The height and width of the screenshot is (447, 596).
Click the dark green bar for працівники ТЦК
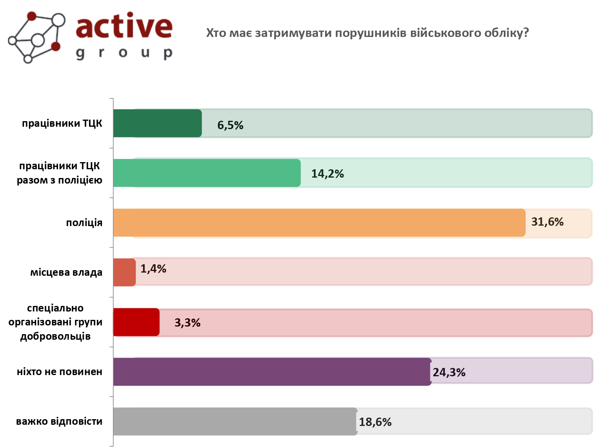pyautogui.click(x=157, y=123)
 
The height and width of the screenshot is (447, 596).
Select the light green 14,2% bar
pyautogui.click(x=207, y=173)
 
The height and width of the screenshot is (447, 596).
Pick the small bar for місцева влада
pyautogui.click(x=124, y=272)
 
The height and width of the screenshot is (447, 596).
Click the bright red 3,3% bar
pyautogui.click(x=136, y=322)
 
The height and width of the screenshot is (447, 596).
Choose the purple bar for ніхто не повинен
pyautogui.click(x=272, y=372)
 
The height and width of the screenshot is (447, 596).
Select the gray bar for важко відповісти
pyautogui.click(x=235, y=421)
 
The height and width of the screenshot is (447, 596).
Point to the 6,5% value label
pyautogui.click(x=230, y=126)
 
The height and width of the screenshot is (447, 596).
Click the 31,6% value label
pyautogui.click(x=547, y=222)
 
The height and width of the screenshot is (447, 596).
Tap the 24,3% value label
pyautogui.click(x=449, y=372)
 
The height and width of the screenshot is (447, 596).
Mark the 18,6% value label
pyautogui.click(x=375, y=422)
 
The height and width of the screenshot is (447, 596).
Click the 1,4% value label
pyautogui.click(x=153, y=269)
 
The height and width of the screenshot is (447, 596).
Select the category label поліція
pyautogui.click(x=84, y=223)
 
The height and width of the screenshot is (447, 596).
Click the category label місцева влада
pyautogui.click(x=66, y=273)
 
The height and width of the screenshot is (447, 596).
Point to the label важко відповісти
pyautogui.click(x=59, y=421)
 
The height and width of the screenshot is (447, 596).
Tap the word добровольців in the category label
pyautogui.click(x=56, y=337)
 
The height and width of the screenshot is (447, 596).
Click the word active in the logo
pyautogui.click(x=124, y=26)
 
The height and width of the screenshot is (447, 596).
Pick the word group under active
pyautogui.click(x=124, y=52)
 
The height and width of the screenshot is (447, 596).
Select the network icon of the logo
pyautogui.click(x=37, y=37)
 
